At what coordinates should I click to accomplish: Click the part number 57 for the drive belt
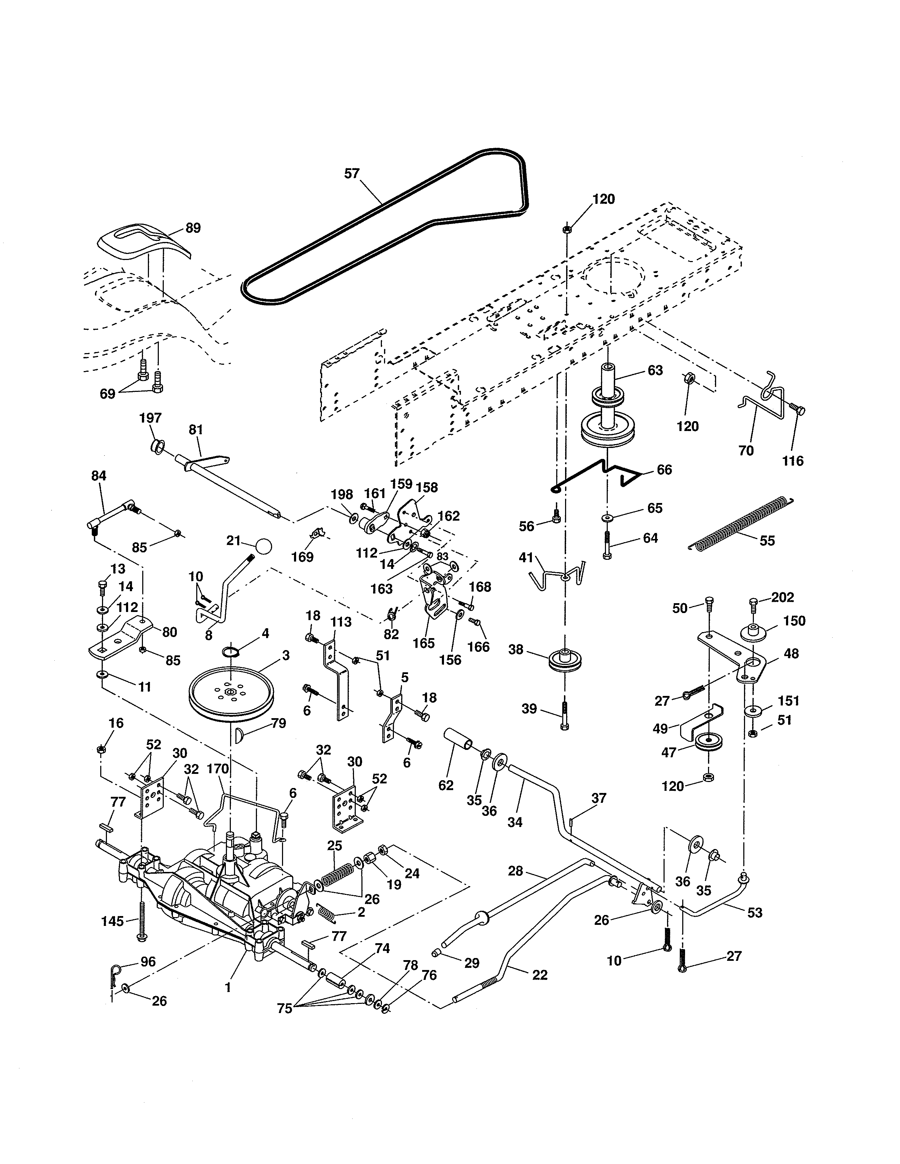[352, 174]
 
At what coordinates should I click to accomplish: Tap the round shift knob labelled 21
[263, 547]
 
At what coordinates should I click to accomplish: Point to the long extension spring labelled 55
[741, 522]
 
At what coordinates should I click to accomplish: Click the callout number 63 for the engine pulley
[655, 370]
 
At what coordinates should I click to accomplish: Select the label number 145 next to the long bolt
[113, 921]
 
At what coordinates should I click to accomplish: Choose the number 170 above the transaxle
[217, 769]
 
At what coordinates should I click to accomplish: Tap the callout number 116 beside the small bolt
[793, 461]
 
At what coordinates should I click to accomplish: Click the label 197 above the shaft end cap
[150, 418]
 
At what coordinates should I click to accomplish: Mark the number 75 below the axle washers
[285, 1008]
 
